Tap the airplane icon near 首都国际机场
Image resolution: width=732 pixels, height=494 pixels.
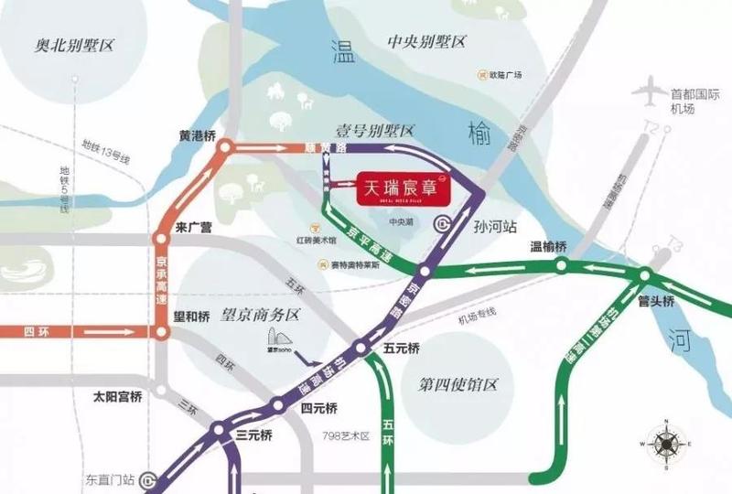(651, 91)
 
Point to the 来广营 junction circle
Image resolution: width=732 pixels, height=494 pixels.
(161, 240)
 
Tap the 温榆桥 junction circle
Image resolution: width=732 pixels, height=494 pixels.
(561, 264)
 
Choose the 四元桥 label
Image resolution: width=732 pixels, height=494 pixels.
(319, 408)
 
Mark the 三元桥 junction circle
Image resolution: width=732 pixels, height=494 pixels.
(219, 427)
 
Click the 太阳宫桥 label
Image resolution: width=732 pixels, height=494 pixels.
(118, 398)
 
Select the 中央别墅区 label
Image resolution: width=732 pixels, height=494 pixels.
(426, 42)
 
